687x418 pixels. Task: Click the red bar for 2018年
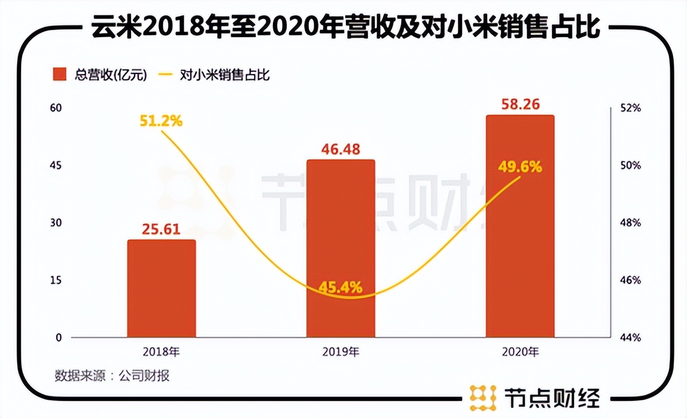click(161, 289)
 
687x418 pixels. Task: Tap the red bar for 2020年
click(520, 226)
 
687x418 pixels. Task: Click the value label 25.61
click(161, 230)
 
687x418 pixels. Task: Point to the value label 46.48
click(341, 149)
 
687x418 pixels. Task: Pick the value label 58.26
click(520, 105)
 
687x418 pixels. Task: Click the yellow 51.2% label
click(161, 121)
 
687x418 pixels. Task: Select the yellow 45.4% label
click(341, 287)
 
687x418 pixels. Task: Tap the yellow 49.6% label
click(520, 167)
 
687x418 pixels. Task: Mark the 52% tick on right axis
click(630, 108)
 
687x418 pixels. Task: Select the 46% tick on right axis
click(630, 281)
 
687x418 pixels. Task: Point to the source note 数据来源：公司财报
click(112, 376)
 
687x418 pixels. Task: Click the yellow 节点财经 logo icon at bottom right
click(483, 396)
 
